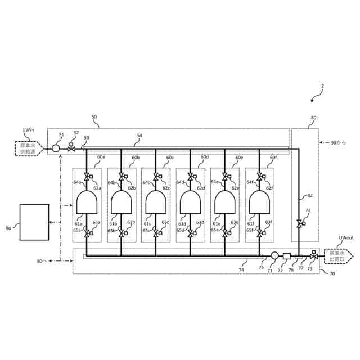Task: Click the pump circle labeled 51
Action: click(56, 148)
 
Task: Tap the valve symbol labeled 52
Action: click(71, 149)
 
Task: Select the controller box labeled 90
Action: click(34, 222)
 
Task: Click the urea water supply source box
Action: click(27, 148)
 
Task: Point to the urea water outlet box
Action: click(337, 256)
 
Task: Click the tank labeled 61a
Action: click(87, 202)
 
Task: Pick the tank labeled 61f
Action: click(259, 202)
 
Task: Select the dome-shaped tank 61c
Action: click(156, 202)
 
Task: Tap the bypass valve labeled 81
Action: click(299, 224)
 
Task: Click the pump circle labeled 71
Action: click(274, 256)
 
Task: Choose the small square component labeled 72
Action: click(286, 256)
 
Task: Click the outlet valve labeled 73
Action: click(313, 256)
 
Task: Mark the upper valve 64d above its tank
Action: click(190, 177)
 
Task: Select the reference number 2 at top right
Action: click(322, 86)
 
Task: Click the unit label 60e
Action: click(239, 157)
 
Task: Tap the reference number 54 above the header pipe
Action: click(139, 136)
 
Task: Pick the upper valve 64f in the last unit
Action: click(259, 177)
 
